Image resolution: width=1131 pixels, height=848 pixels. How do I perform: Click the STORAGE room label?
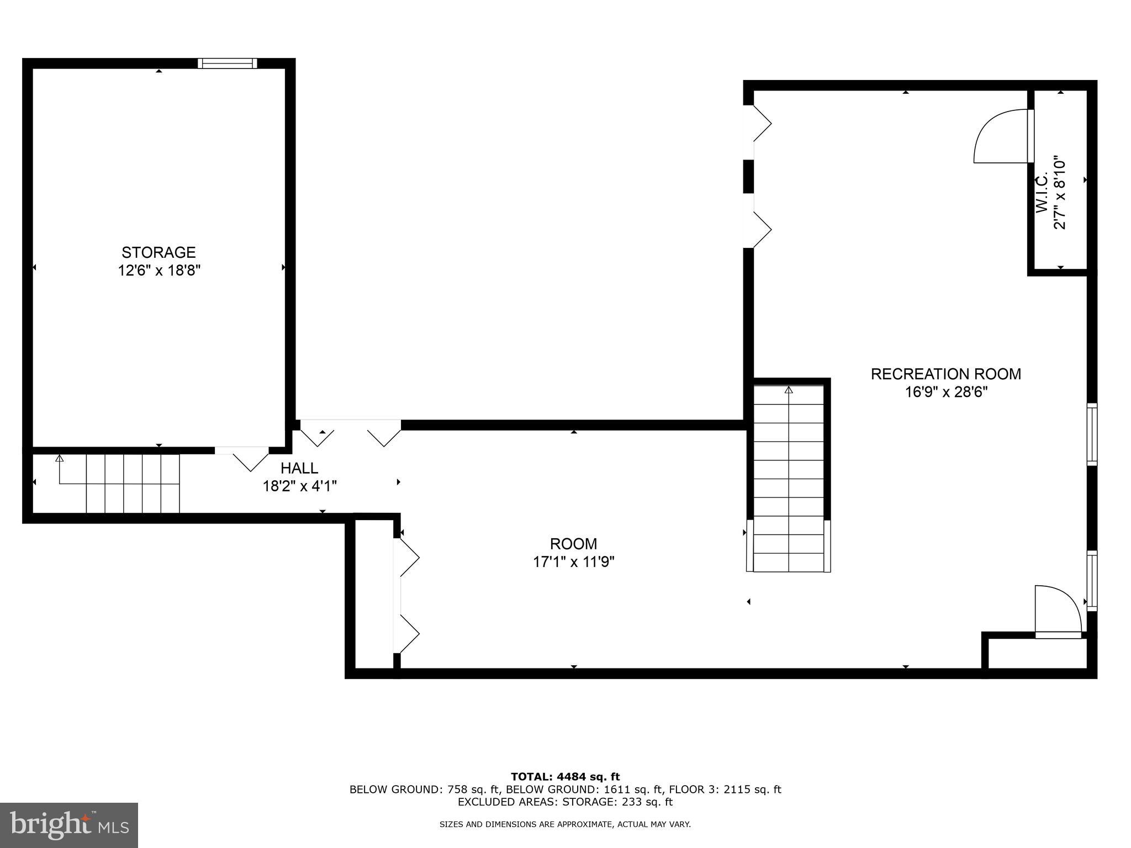(x=158, y=252)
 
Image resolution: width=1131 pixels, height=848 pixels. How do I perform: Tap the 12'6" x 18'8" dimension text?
(x=158, y=271)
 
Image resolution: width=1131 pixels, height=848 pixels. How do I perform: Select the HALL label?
(x=299, y=468)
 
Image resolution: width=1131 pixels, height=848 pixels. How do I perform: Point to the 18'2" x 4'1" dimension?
(x=299, y=486)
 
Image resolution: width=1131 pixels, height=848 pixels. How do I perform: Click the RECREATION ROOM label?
(x=945, y=374)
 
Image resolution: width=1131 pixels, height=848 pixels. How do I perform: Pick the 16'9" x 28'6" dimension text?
(x=945, y=393)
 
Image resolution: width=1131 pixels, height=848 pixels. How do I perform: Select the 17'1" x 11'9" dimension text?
(x=573, y=562)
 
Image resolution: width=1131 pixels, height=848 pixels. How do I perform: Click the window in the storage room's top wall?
(x=228, y=63)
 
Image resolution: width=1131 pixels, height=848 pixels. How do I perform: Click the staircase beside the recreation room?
(x=789, y=478)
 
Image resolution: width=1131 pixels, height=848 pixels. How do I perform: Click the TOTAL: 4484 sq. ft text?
(x=565, y=777)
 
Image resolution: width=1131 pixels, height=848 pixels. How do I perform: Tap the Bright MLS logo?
(x=69, y=825)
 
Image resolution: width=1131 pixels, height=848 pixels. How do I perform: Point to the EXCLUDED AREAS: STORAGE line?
(x=565, y=802)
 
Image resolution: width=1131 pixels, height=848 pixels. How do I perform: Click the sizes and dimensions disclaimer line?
(x=565, y=825)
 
